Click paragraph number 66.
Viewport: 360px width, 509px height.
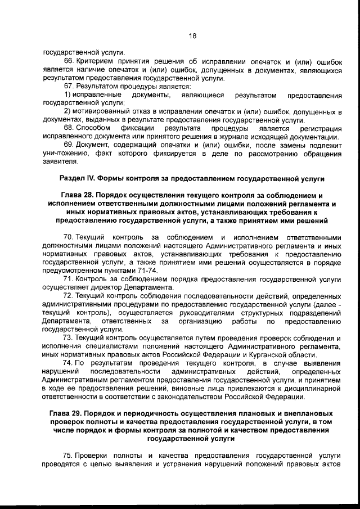[x=69, y=60]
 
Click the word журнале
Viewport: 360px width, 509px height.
[x=241, y=137]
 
